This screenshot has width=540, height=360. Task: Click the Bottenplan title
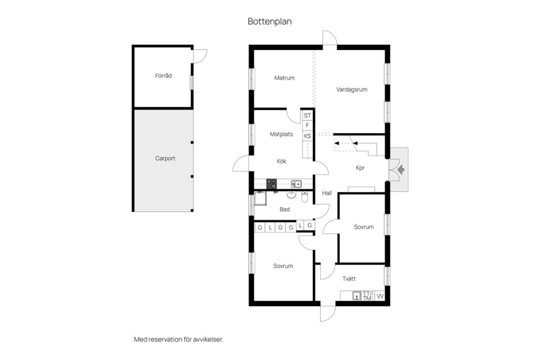tap(269, 21)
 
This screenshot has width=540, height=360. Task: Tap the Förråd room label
tap(163, 75)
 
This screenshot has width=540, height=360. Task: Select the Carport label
tap(165, 159)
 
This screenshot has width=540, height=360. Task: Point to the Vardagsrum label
tap(352, 89)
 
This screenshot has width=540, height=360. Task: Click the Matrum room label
tap(285, 78)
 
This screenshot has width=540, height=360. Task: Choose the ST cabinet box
tap(307, 115)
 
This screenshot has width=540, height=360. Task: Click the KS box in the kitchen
tap(307, 136)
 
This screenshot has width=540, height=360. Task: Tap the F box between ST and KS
tap(307, 126)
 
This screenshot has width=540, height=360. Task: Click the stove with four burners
tap(271, 183)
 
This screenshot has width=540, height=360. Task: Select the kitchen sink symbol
tap(296, 184)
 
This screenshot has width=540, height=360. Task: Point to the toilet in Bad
tap(304, 197)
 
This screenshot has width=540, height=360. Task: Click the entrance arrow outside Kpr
tap(401, 169)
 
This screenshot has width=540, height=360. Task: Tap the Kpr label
tap(360, 168)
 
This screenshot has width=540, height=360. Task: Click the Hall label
tap(327, 193)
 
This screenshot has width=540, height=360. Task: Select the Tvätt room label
tap(349, 278)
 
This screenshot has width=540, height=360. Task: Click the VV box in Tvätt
tap(380, 296)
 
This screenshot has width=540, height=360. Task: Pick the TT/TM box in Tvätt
tap(367, 296)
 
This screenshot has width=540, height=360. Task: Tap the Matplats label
tap(281, 134)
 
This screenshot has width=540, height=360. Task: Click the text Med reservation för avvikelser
tap(178, 339)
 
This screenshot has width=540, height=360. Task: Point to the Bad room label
tap(285, 209)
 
